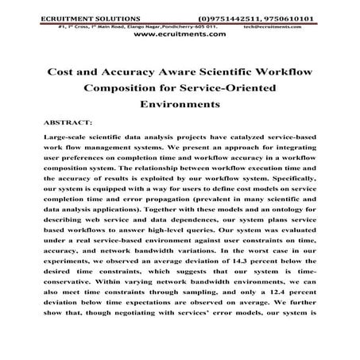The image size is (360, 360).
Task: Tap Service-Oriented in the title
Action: (226, 88)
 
